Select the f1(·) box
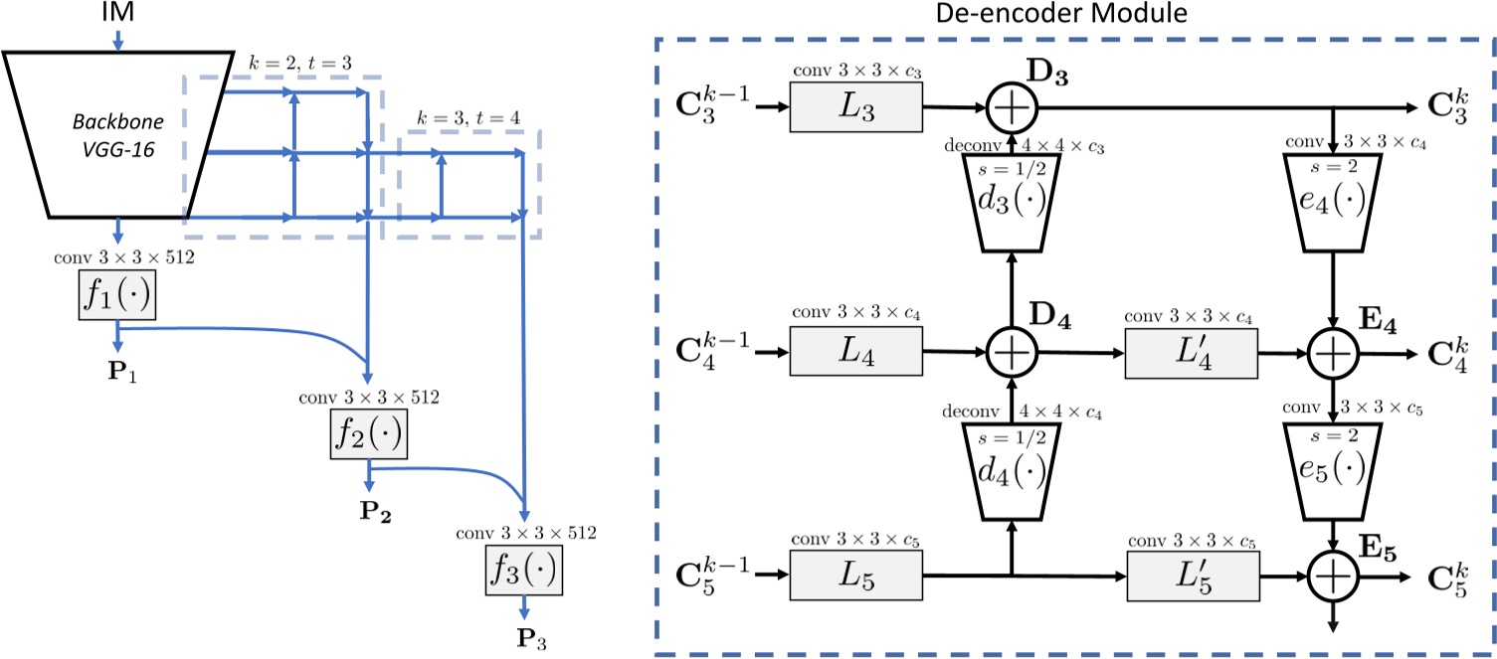[x=117, y=297]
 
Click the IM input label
[x=117, y=13]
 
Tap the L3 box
[x=856, y=106]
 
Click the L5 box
[x=856, y=575]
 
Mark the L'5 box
[x=1191, y=575]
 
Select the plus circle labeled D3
[x=1012, y=106]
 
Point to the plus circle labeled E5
[x=1333, y=575]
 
